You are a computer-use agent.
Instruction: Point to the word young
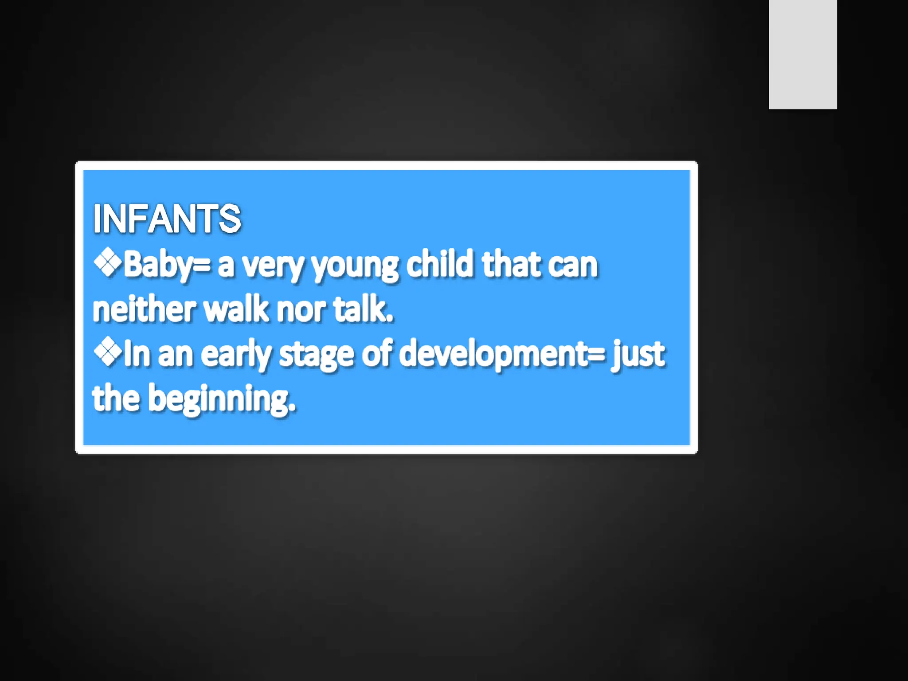pyautogui.click(x=355, y=266)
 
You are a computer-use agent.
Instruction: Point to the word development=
pyautogui.click(x=501, y=355)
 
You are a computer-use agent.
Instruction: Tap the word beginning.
pyautogui.click(x=222, y=399)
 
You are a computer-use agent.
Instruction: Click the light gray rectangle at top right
pyautogui.click(x=802, y=54)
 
